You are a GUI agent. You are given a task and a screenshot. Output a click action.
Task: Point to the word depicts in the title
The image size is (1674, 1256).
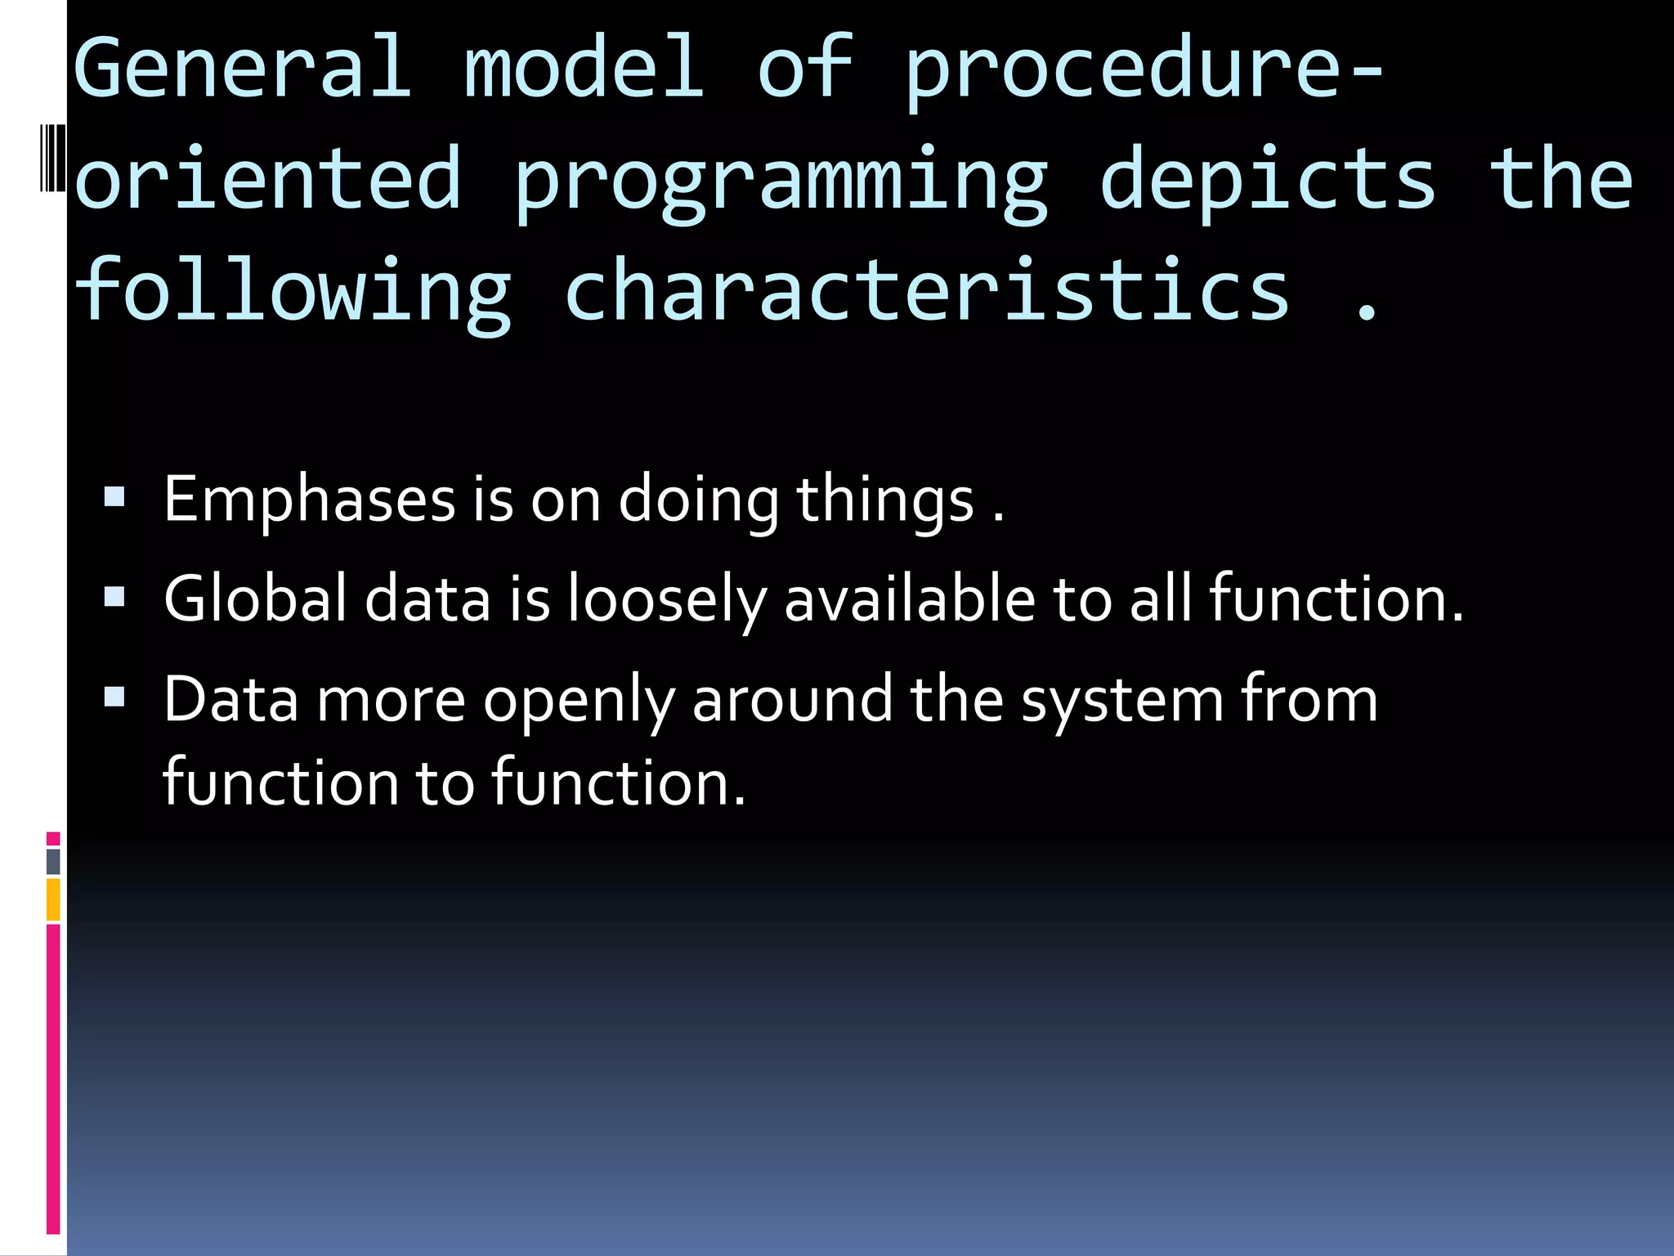[1267, 180]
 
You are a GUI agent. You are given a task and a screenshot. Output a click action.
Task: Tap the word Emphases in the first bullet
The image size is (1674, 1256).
[309, 500]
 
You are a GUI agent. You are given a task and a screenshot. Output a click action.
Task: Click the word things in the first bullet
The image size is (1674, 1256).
[884, 500]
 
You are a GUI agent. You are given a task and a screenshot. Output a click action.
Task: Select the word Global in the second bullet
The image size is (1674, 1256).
[255, 599]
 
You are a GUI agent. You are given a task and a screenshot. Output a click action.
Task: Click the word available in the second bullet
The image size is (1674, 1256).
[910, 599]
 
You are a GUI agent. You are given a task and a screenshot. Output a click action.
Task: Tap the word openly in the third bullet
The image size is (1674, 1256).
[579, 702]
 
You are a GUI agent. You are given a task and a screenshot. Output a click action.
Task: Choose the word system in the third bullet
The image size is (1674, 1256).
[1121, 702]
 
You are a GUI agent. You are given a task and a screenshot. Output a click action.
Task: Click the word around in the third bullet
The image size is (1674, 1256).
[792, 700]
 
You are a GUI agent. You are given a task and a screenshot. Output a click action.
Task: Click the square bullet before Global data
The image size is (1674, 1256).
[114, 598]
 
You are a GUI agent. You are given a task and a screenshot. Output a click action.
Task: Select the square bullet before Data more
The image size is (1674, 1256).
[114, 698]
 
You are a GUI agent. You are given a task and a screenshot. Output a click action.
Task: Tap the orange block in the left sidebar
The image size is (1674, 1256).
[53, 899]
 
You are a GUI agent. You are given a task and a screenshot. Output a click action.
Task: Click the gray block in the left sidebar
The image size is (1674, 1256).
[53, 862]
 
